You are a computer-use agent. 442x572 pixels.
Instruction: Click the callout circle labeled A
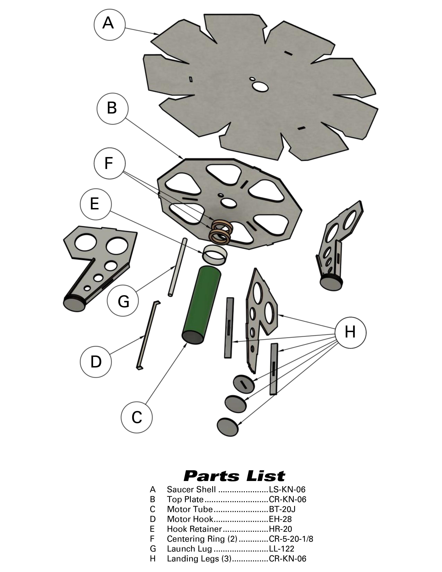(109, 24)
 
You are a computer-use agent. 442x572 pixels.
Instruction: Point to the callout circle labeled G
(123, 301)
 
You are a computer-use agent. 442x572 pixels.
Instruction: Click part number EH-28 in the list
(280, 519)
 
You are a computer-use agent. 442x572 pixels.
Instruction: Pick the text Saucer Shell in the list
(191, 489)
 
